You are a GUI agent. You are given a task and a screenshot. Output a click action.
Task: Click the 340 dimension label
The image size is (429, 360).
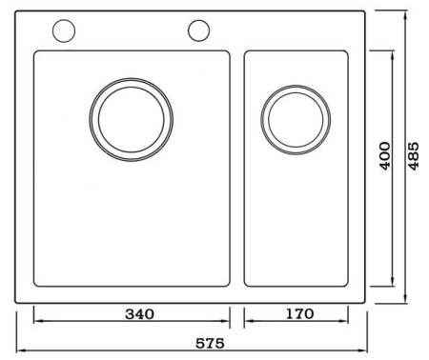point(139,314)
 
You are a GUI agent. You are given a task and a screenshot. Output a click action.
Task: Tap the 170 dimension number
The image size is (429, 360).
point(299,313)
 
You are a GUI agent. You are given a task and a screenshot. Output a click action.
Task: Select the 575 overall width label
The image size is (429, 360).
point(210,343)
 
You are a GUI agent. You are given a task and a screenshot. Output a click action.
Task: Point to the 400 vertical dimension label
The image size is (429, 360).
point(385,156)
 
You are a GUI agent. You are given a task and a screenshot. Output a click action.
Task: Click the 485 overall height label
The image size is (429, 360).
point(414,156)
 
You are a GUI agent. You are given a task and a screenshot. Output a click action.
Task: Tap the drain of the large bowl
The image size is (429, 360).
point(132,120)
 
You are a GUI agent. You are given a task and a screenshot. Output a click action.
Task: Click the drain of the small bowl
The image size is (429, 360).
point(296,120)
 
